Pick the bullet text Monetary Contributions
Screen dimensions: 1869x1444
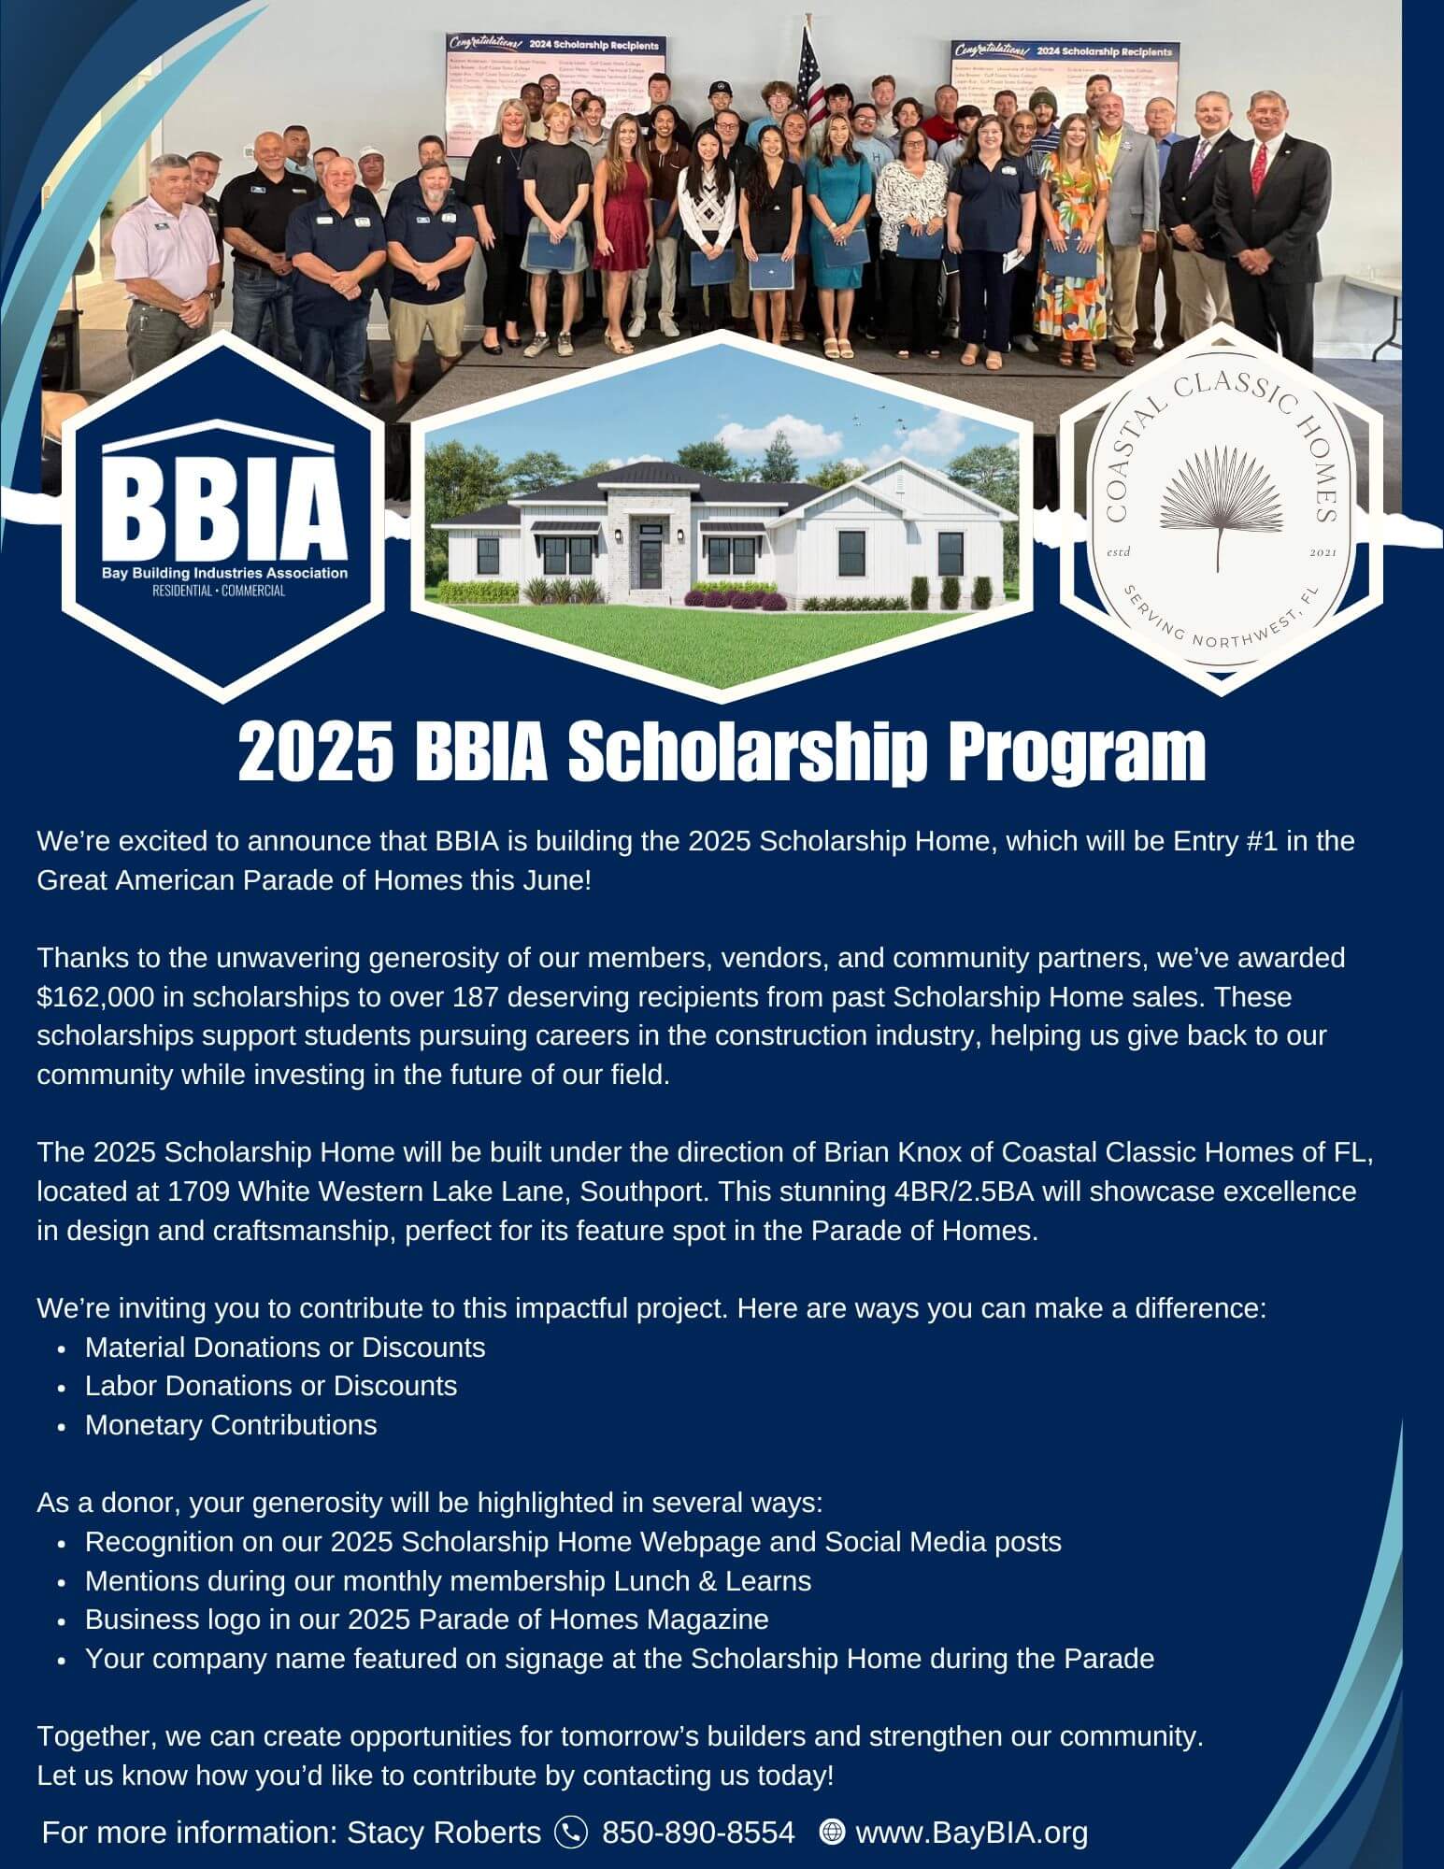click(231, 1425)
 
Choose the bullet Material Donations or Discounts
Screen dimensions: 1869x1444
click(285, 1347)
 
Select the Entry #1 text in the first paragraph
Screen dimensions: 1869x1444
click(1225, 841)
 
